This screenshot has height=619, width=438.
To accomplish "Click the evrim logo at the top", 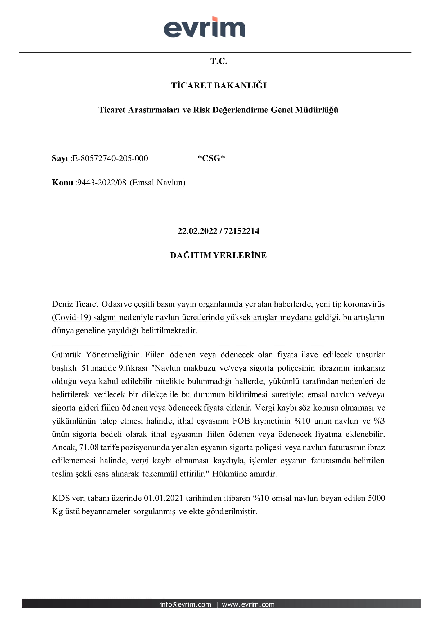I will point(204,27).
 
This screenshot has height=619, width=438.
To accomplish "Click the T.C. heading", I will point(219,61).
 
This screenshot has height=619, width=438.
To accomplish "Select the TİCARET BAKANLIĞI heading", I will point(219,85).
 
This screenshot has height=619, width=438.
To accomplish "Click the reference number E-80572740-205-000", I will point(110,158).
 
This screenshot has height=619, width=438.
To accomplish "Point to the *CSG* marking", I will point(211,158).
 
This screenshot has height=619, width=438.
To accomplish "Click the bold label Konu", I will point(62,183).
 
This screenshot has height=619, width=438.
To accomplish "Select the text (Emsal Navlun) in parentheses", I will point(157,183).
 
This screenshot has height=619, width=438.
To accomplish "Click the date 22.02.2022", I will point(197,231).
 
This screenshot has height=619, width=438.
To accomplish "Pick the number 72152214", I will point(241,231).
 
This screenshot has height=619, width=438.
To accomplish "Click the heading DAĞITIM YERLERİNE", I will point(218,255).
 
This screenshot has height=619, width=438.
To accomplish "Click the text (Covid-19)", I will point(71,317).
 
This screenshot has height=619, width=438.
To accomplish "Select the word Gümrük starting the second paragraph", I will point(66,354).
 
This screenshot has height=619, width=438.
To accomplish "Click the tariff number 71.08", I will point(89,447).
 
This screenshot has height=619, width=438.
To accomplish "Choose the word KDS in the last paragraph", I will point(61,498).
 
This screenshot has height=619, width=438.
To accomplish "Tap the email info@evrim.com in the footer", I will point(185,604).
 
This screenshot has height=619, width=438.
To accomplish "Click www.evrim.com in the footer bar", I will point(248,604).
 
